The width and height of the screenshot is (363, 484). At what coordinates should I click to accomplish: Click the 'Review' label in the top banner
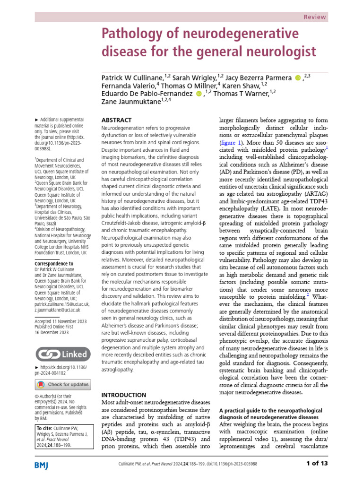click(314, 17)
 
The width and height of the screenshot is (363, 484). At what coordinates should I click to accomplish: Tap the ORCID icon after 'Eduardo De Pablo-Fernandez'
click(199, 94)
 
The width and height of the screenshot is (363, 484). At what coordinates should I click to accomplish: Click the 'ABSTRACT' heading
click(117, 121)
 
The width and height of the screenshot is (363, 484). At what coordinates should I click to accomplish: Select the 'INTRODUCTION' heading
click(124, 395)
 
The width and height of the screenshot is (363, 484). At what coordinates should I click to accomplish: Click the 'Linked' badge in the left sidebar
click(62, 354)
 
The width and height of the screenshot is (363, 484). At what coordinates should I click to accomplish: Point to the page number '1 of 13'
click(313, 464)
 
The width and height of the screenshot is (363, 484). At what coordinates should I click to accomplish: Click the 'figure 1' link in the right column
click(232, 142)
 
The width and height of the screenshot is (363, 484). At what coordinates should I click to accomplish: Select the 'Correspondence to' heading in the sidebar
click(54, 264)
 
